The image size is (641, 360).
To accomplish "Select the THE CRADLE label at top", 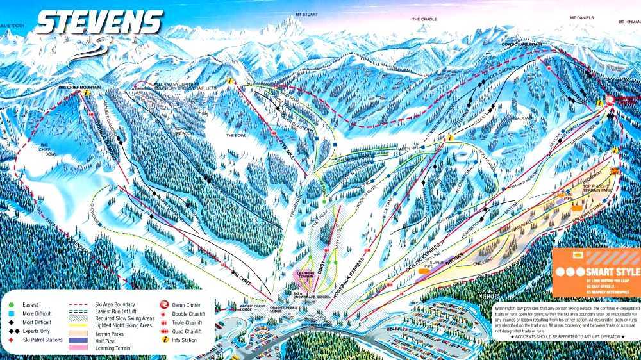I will [424, 19].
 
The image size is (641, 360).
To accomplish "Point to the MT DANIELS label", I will [583, 18].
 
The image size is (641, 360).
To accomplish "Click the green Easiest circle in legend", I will [12, 298].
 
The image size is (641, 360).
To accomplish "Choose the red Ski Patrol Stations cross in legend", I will [12, 340].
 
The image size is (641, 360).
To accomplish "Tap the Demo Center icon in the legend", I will [163, 297].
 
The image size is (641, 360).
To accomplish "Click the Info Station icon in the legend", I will [163, 340].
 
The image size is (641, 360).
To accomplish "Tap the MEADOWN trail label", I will [522, 118].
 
